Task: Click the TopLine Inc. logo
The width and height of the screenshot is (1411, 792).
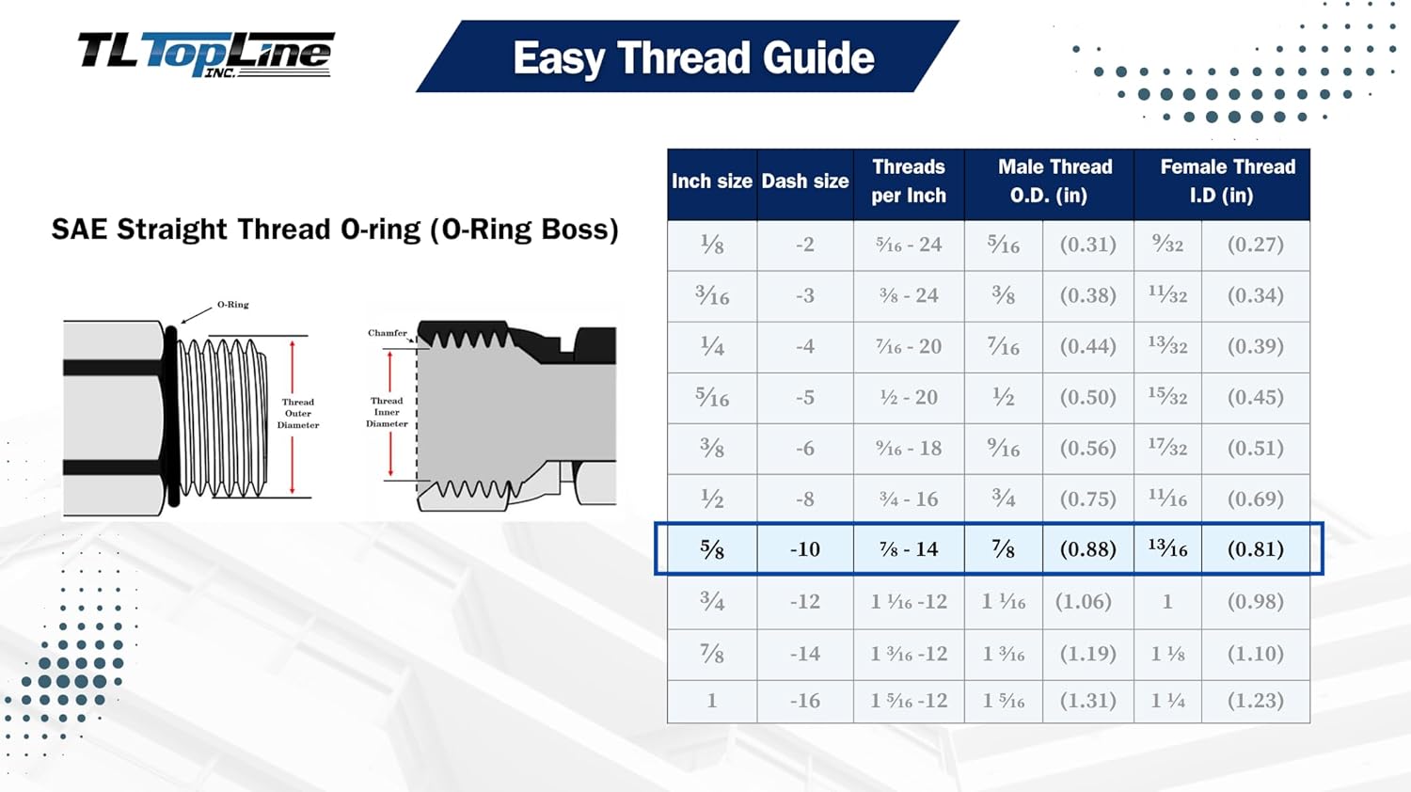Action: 205,55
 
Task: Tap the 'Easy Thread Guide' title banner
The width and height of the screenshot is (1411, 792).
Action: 688,56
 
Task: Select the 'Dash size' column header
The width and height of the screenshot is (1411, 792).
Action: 805,182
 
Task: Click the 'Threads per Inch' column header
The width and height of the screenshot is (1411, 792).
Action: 909,182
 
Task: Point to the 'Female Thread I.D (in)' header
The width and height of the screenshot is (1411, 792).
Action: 1222,182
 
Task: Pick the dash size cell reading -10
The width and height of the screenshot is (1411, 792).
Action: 805,549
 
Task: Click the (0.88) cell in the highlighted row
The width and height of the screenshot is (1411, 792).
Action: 1087,549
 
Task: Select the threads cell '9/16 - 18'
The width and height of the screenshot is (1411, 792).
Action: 909,449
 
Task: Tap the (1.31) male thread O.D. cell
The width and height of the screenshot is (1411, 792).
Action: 1087,701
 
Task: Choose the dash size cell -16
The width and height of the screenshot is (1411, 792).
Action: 805,701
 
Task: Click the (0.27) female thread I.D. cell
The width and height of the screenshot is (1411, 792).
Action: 1256,245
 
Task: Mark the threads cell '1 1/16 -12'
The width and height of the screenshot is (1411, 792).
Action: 909,602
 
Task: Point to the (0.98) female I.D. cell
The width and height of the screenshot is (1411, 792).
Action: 1256,602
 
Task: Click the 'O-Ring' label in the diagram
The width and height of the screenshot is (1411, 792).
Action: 233,305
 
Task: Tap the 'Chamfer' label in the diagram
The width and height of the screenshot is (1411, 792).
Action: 387,333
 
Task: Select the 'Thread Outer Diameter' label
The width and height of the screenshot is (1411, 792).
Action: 298,413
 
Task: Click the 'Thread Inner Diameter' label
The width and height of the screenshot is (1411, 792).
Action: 387,412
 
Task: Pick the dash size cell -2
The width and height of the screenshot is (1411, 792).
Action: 805,245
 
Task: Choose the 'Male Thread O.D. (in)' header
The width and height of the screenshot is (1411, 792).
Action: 1050,182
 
